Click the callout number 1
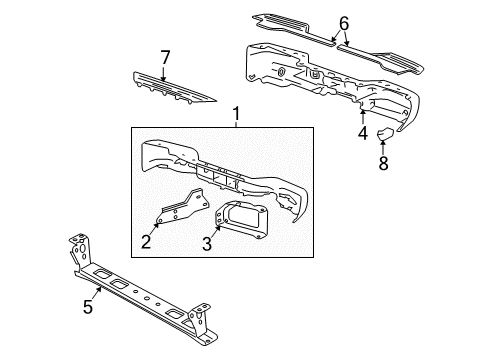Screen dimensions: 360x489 pos(235,116)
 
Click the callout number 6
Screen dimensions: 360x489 pos(344,23)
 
